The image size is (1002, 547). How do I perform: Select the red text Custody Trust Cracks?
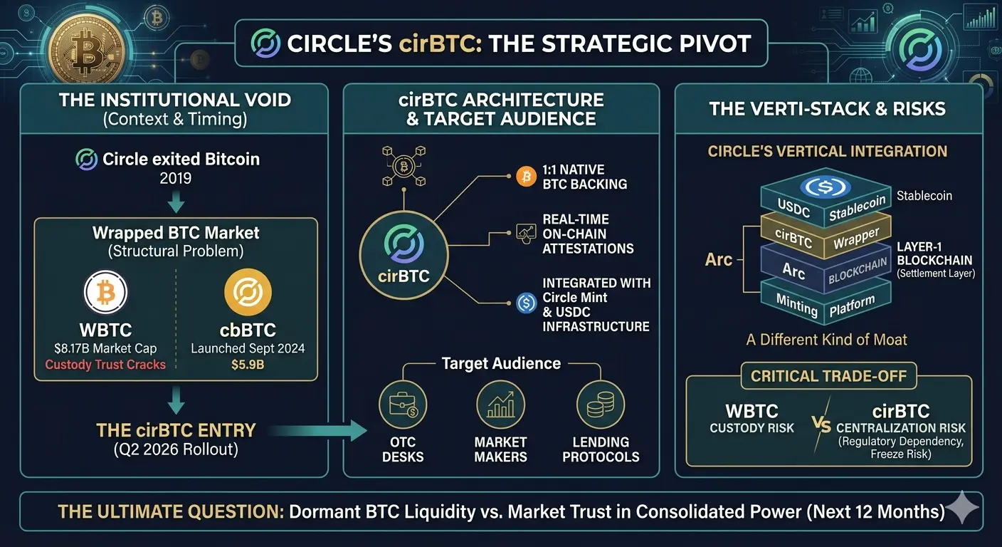point(105,365)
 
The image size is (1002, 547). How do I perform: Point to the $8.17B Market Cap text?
point(105,349)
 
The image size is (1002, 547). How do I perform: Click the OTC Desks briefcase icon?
point(403,405)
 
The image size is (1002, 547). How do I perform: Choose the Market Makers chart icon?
point(500,405)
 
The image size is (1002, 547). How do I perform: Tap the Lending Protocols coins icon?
point(600,405)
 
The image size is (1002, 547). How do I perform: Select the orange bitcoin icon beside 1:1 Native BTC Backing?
point(525,176)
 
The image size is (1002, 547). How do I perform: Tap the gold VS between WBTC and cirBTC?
point(822,424)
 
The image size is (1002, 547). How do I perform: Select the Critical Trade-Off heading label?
point(828,375)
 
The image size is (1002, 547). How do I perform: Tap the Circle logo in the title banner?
point(265,43)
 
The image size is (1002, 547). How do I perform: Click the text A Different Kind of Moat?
point(826,340)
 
